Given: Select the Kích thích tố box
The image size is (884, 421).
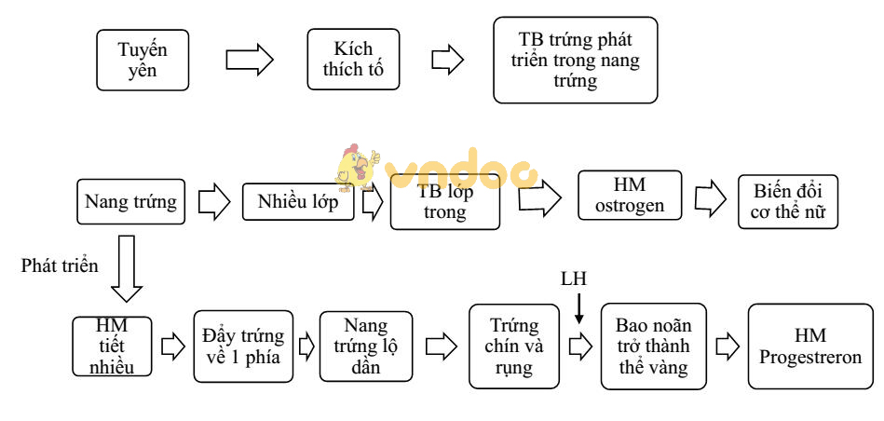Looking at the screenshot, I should click(x=353, y=60).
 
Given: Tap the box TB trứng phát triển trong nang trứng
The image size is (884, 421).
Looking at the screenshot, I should click(x=575, y=60).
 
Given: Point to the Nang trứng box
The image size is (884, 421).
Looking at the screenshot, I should click(x=130, y=202).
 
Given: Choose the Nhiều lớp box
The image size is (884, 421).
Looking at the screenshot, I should click(x=298, y=201).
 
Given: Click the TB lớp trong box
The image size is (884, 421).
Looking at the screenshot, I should click(x=445, y=203).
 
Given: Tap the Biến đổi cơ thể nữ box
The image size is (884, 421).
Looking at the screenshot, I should click(x=788, y=201).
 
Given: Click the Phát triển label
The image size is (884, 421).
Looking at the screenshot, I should click(x=60, y=265).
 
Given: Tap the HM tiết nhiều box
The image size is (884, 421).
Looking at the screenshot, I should click(x=111, y=346).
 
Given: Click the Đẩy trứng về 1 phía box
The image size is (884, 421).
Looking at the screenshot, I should click(x=243, y=346).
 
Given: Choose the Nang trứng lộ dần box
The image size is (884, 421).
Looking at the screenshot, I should click(x=365, y=346).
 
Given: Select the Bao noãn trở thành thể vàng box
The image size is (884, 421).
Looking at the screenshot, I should click(x=653, y=346).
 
